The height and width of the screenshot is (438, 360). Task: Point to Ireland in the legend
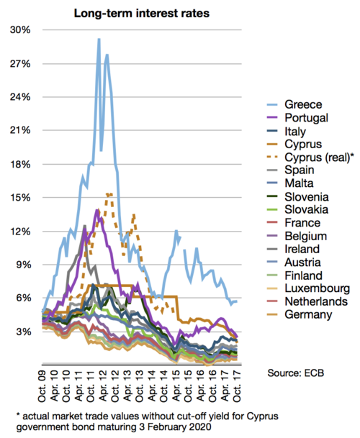tap(304, 249)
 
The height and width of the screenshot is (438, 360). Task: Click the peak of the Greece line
tap(99, 40)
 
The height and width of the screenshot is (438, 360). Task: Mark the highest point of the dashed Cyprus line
tap(109, 193)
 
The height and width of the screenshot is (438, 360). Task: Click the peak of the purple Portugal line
tap(96, 210)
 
